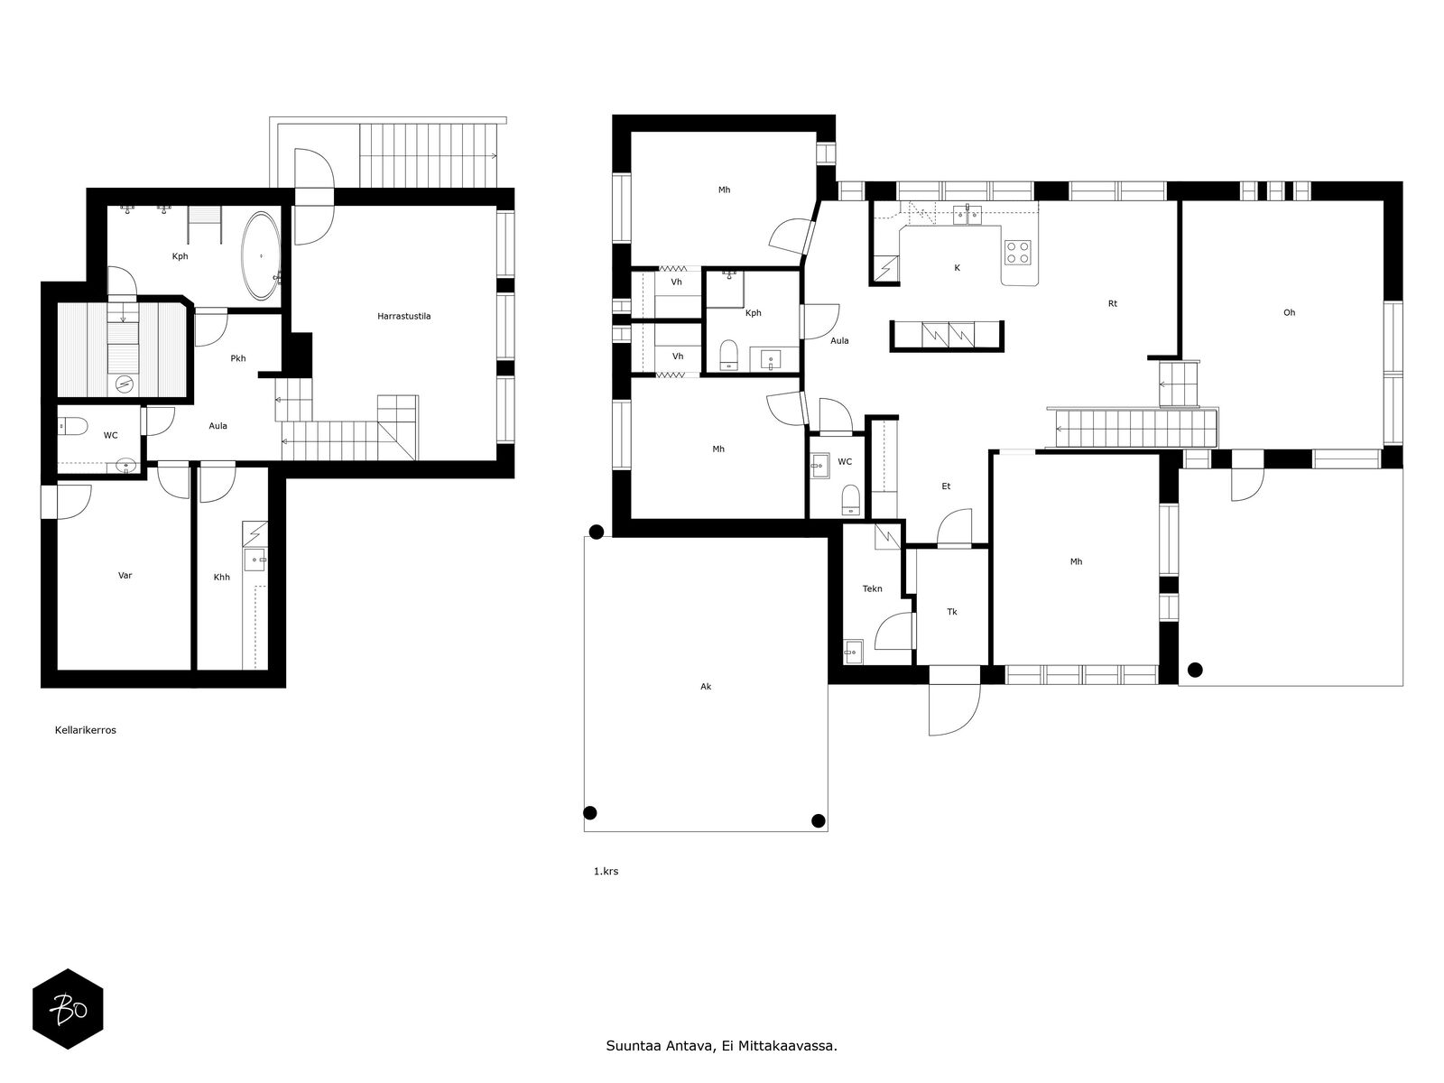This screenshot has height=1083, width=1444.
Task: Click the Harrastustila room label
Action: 404,316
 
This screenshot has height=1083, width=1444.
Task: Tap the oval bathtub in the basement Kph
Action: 261,255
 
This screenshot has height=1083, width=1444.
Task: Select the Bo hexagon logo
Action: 68,1009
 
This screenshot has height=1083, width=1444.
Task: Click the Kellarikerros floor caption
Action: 86,730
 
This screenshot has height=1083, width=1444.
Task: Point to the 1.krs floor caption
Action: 606,871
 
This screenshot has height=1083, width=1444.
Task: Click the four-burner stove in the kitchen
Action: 1018,252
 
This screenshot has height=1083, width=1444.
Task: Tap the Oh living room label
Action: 1290,313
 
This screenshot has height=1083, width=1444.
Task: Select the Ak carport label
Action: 706,687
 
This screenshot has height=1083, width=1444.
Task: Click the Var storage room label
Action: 125,576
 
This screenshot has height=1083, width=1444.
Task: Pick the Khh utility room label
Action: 222,578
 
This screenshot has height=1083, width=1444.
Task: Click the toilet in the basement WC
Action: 73,427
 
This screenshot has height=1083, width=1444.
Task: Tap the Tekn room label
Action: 873,588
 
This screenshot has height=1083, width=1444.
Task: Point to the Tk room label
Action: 952,612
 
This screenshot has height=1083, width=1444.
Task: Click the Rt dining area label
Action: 1113,304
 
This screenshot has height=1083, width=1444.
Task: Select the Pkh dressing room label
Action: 238,358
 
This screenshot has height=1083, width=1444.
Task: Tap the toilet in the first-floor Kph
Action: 729,354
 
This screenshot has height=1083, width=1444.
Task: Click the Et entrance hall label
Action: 946,486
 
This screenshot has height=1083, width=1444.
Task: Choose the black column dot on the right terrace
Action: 1195,670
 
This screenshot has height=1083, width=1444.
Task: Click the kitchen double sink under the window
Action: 967,215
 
